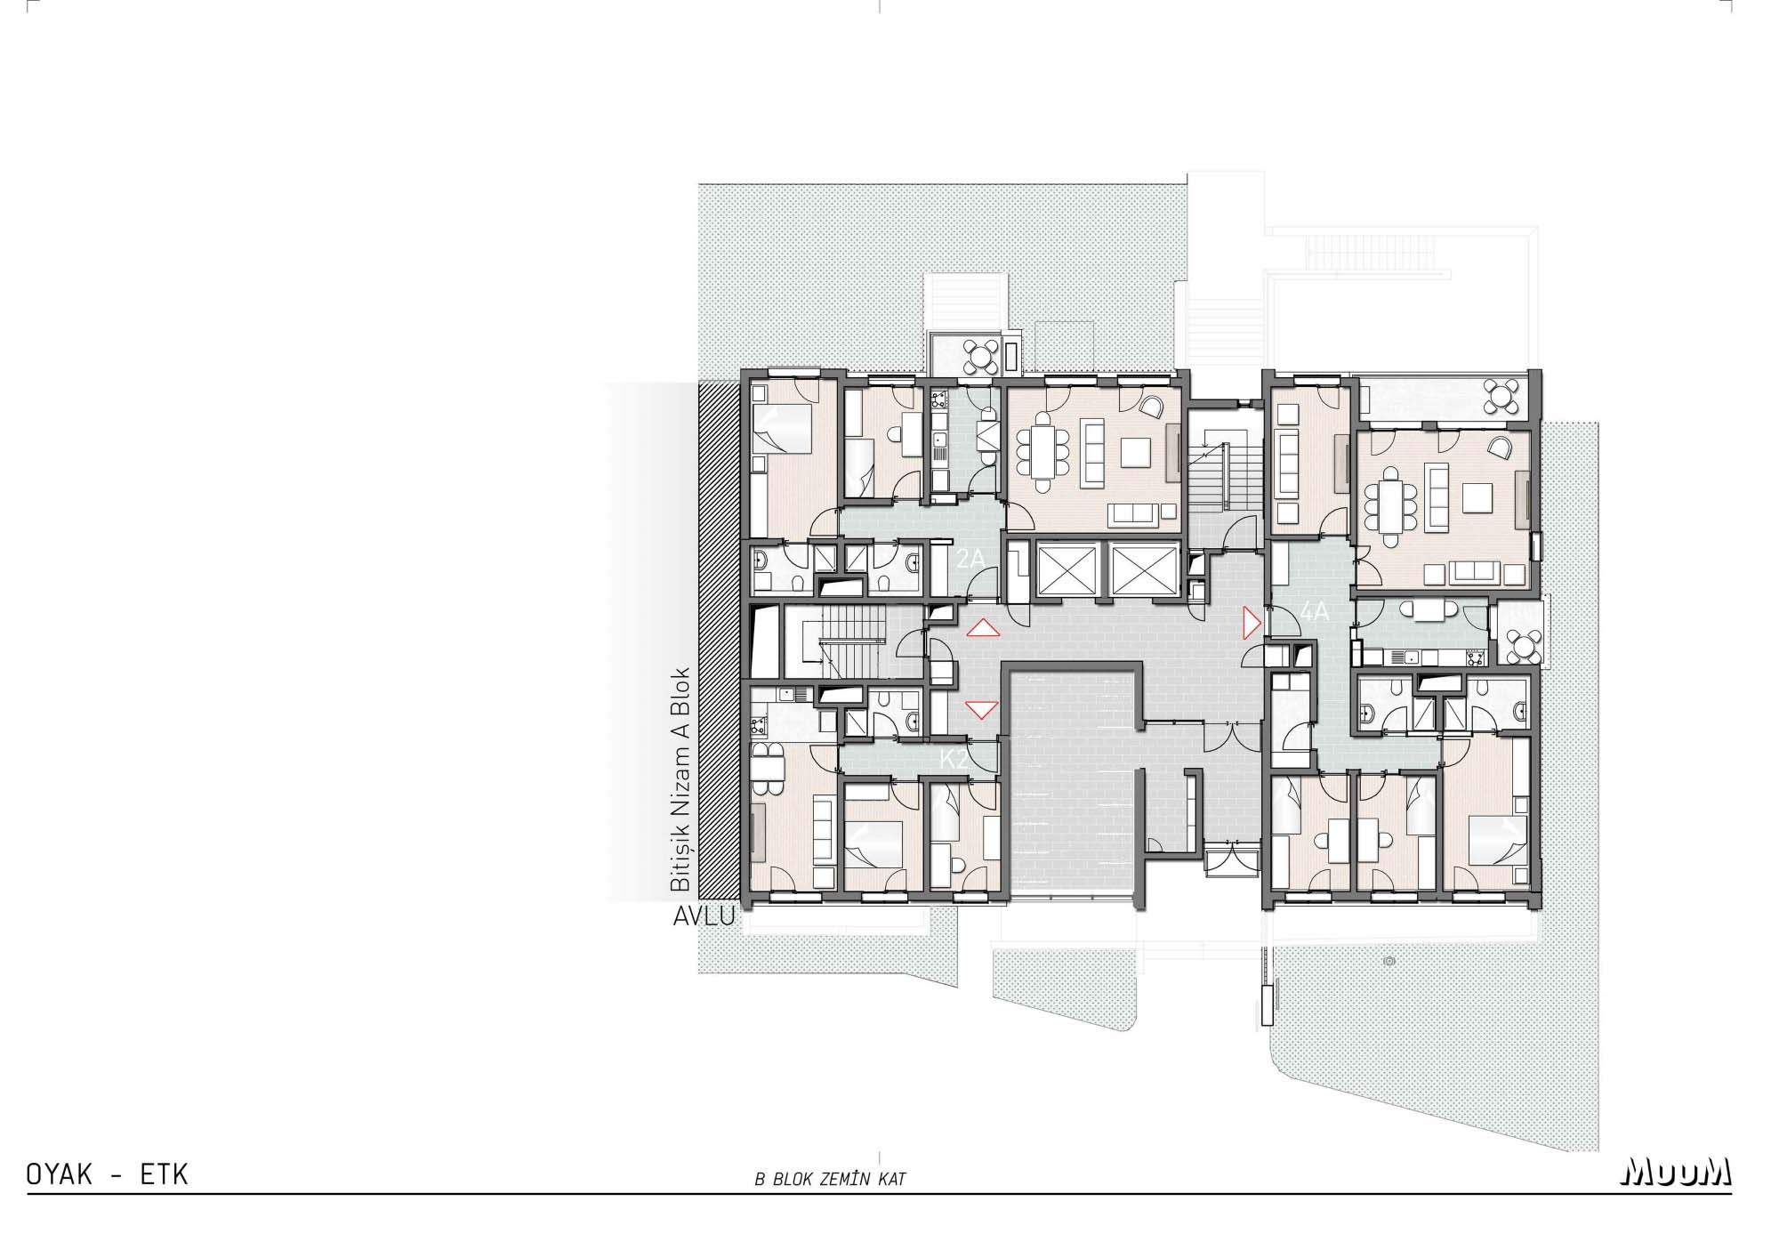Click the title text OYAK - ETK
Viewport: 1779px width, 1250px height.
(108, 1175)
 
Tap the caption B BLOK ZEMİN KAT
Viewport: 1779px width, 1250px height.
(830, 1180)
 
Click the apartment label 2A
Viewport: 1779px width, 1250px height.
(970, 559)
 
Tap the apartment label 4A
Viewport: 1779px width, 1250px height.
(1314, 612)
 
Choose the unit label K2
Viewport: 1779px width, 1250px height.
(954, 760)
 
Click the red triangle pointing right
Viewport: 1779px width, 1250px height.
(1252, 623)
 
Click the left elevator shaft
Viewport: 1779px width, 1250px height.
(1063, 568)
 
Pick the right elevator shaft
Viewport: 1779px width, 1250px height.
(1137, 568)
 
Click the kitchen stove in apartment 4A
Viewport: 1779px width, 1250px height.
(1474, 657)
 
